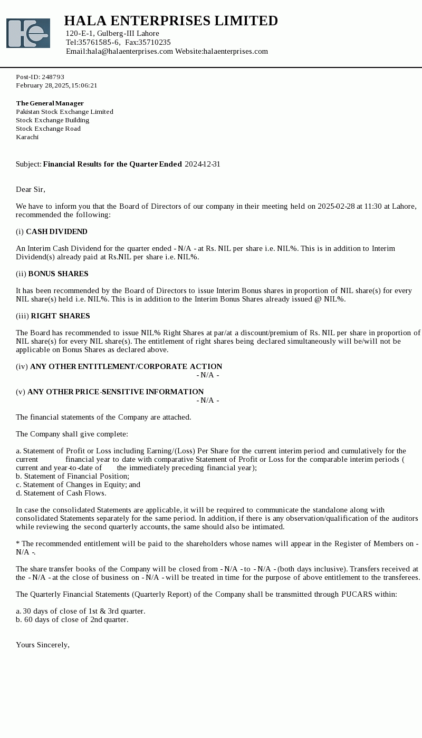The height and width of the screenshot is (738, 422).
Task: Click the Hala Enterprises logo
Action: pos(28,33)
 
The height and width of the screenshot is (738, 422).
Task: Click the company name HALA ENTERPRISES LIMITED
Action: pos(171,21)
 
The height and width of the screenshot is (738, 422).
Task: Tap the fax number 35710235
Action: pos(155,42)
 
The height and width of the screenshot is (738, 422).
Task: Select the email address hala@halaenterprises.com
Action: pos(130,51)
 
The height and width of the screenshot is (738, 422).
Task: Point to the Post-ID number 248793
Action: pos(53,77)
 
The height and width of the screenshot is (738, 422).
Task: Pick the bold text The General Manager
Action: pos(50,103)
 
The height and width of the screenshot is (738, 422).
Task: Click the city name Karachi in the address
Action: pos(27,137)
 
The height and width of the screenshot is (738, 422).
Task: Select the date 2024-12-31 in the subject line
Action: pos(203,164)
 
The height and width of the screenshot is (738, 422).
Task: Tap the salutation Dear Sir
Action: pos(31,189)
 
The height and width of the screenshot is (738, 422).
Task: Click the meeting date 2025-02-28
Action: pos(336,206)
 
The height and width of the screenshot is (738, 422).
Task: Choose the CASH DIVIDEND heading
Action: pos(56,231)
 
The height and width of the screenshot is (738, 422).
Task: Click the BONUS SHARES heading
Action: pos(58,274)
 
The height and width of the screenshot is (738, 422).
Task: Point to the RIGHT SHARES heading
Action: pos(60,316)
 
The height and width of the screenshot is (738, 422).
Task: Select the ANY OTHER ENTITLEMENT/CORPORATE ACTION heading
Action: pos(126,366)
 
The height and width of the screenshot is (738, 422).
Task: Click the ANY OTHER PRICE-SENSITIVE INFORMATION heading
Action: pos(116,392)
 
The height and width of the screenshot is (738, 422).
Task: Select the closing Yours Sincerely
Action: pos(43,645)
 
